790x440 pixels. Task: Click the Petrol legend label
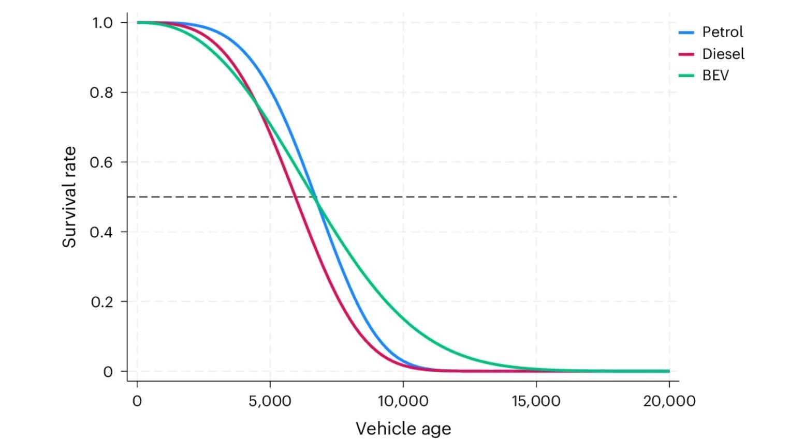click(x=722, y=32)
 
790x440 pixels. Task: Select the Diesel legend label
click(x=723, y=54)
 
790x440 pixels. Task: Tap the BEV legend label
click(x=715, y=75)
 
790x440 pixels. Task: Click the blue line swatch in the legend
click(x=686, y=33)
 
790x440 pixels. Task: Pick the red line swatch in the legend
click(x=686, y=54)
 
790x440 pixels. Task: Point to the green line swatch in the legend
click(x=686, y=76)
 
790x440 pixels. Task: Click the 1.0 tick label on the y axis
click(x=102, y=23)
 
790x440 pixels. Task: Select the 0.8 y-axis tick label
click(x=101, y=93)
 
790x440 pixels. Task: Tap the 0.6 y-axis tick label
click(x=101, y=162)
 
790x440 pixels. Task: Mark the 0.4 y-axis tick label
click(x=101, y=232)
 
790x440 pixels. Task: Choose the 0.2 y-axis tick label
click(x=101, y=302)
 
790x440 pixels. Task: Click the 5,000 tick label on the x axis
click(x=270, y=401)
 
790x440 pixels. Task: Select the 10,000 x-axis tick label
click(x=403, y=401)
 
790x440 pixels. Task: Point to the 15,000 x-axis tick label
click(x=536, y=401)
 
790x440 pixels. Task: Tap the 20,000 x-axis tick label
click(x=669, y=401)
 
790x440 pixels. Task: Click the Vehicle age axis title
click(x=403, y=429)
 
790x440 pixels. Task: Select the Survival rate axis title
click(x=69, y=197)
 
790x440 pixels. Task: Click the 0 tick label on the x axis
click(x=137, y=401)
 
